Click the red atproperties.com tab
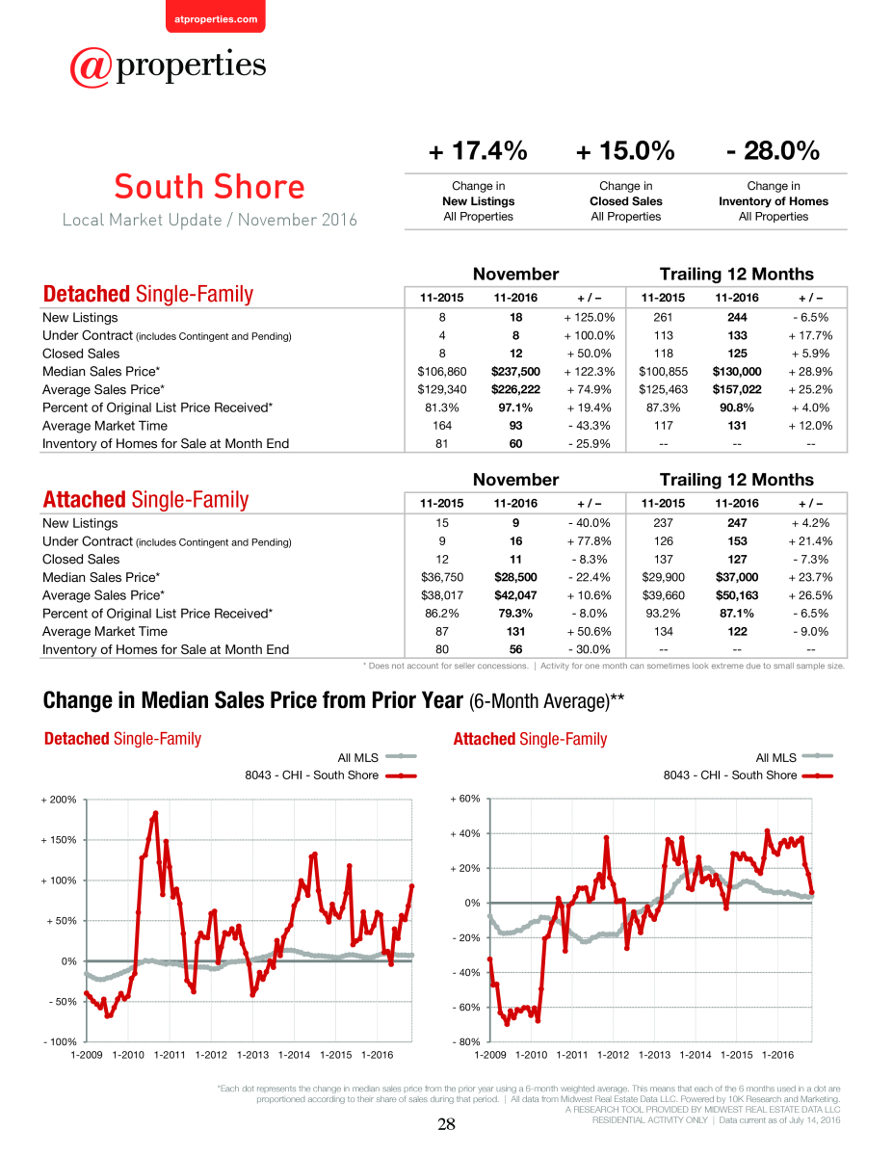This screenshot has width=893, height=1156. coord(216,17)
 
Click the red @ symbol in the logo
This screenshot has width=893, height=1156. coord(91,67)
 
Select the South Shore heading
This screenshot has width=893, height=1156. coord(210,187)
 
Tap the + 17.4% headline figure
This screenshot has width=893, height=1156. coord(478,150)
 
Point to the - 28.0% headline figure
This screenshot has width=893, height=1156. coord(773,150)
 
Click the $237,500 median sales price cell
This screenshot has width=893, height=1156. coord(515,371)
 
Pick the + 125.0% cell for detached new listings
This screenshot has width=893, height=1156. coord(590,318)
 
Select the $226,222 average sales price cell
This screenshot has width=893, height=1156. coord(515,389)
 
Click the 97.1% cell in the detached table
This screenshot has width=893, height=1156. coord(515,407)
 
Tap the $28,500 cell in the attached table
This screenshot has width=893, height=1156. coord(515,577)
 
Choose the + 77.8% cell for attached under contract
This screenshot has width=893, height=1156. coord(590,541)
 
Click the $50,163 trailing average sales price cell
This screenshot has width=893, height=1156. coord(737,595)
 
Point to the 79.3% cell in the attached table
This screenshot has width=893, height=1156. coord(515,614)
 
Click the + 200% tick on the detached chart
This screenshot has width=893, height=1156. coord(59,800)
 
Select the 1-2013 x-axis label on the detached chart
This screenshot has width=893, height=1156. coord(252,1055)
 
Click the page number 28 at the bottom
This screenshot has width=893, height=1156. coord(446,1124)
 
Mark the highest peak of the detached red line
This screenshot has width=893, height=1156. coord(155,813)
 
